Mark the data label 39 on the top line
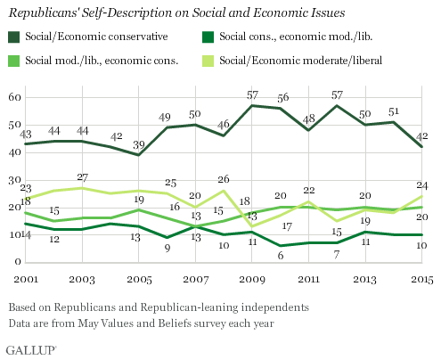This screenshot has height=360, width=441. coord(138,145)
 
